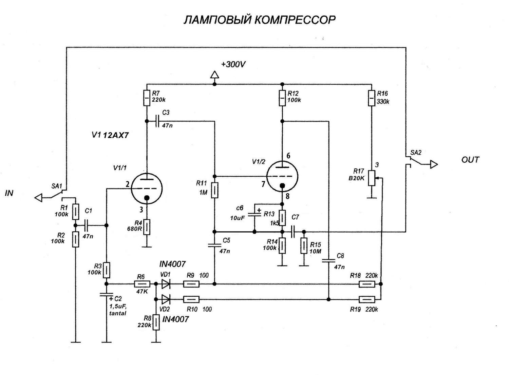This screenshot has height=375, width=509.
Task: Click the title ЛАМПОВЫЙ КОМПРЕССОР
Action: (x=260, y=20)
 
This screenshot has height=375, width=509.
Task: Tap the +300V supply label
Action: (x=233, y=64)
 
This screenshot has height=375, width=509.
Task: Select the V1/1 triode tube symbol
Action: (x=147, y=189)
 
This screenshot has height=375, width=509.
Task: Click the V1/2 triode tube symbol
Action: (x=282, y=176)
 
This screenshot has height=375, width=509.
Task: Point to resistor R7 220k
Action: (x=147, y=98)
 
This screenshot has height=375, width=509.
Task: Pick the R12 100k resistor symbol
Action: (x=282, y=98)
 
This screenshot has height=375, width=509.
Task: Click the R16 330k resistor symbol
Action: (x=372, y=98)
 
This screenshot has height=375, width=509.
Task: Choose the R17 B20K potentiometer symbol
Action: (x=372, y=178)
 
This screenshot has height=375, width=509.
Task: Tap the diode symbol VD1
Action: (x=166, y=284)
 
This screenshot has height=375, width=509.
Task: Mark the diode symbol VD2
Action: (x=166, y=299)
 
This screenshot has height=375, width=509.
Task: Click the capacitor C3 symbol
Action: (x=157, y=121)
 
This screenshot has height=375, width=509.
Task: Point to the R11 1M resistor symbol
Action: (x=214, y=190)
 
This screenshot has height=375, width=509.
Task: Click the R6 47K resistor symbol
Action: (x=143, y=284)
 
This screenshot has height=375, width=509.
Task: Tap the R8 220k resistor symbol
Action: (x=156, y=322)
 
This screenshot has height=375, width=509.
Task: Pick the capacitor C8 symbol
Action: (x=328, y=261)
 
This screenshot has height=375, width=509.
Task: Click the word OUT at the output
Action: (x=470, y=160)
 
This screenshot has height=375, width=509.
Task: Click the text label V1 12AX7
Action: (x=110, y=135)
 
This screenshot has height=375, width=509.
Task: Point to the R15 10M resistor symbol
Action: (x=304, y=246)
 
